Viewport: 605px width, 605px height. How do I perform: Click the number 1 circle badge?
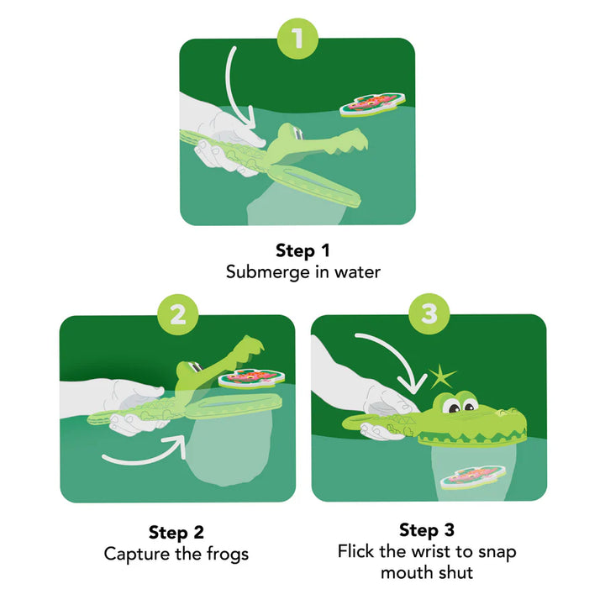point(297,38)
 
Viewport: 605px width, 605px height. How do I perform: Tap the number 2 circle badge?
point(177,315)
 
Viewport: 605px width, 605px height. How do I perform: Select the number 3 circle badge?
point(429,315)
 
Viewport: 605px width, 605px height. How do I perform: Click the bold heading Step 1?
point(302,250)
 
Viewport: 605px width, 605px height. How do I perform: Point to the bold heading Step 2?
point(176,532)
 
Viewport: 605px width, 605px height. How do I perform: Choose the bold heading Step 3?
point(427,530)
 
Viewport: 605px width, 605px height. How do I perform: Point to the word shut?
point(455,573)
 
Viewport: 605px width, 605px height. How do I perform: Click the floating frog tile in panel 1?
point(368,105)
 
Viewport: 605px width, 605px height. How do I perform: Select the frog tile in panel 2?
point(249,378)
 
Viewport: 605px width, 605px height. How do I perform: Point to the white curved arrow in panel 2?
point(143,455)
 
